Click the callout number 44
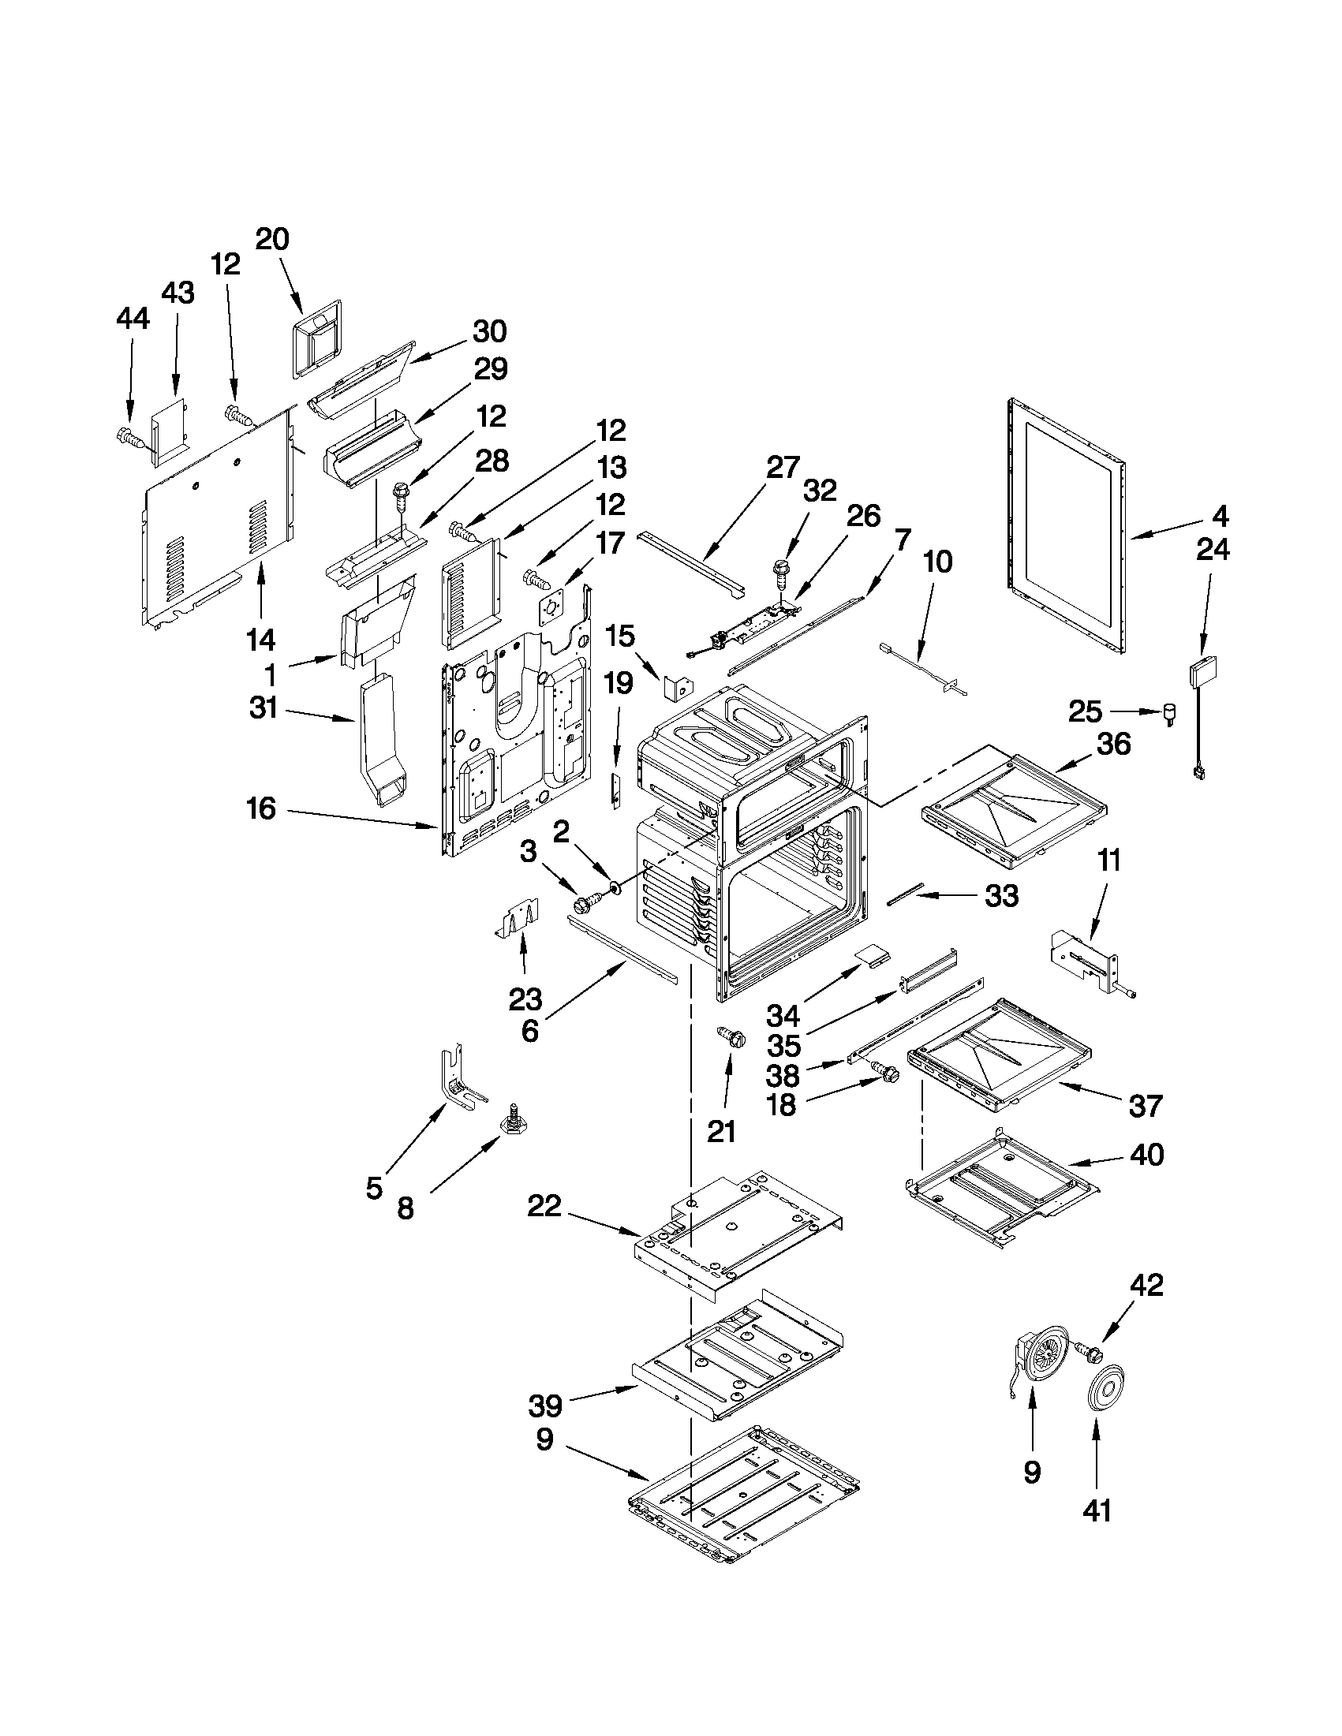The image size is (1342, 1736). (132, 319)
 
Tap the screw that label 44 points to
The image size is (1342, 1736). (129, 436)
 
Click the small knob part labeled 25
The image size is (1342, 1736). (1169, 712)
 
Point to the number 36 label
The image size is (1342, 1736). (1113, 744)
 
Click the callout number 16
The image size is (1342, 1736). (261, 809)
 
